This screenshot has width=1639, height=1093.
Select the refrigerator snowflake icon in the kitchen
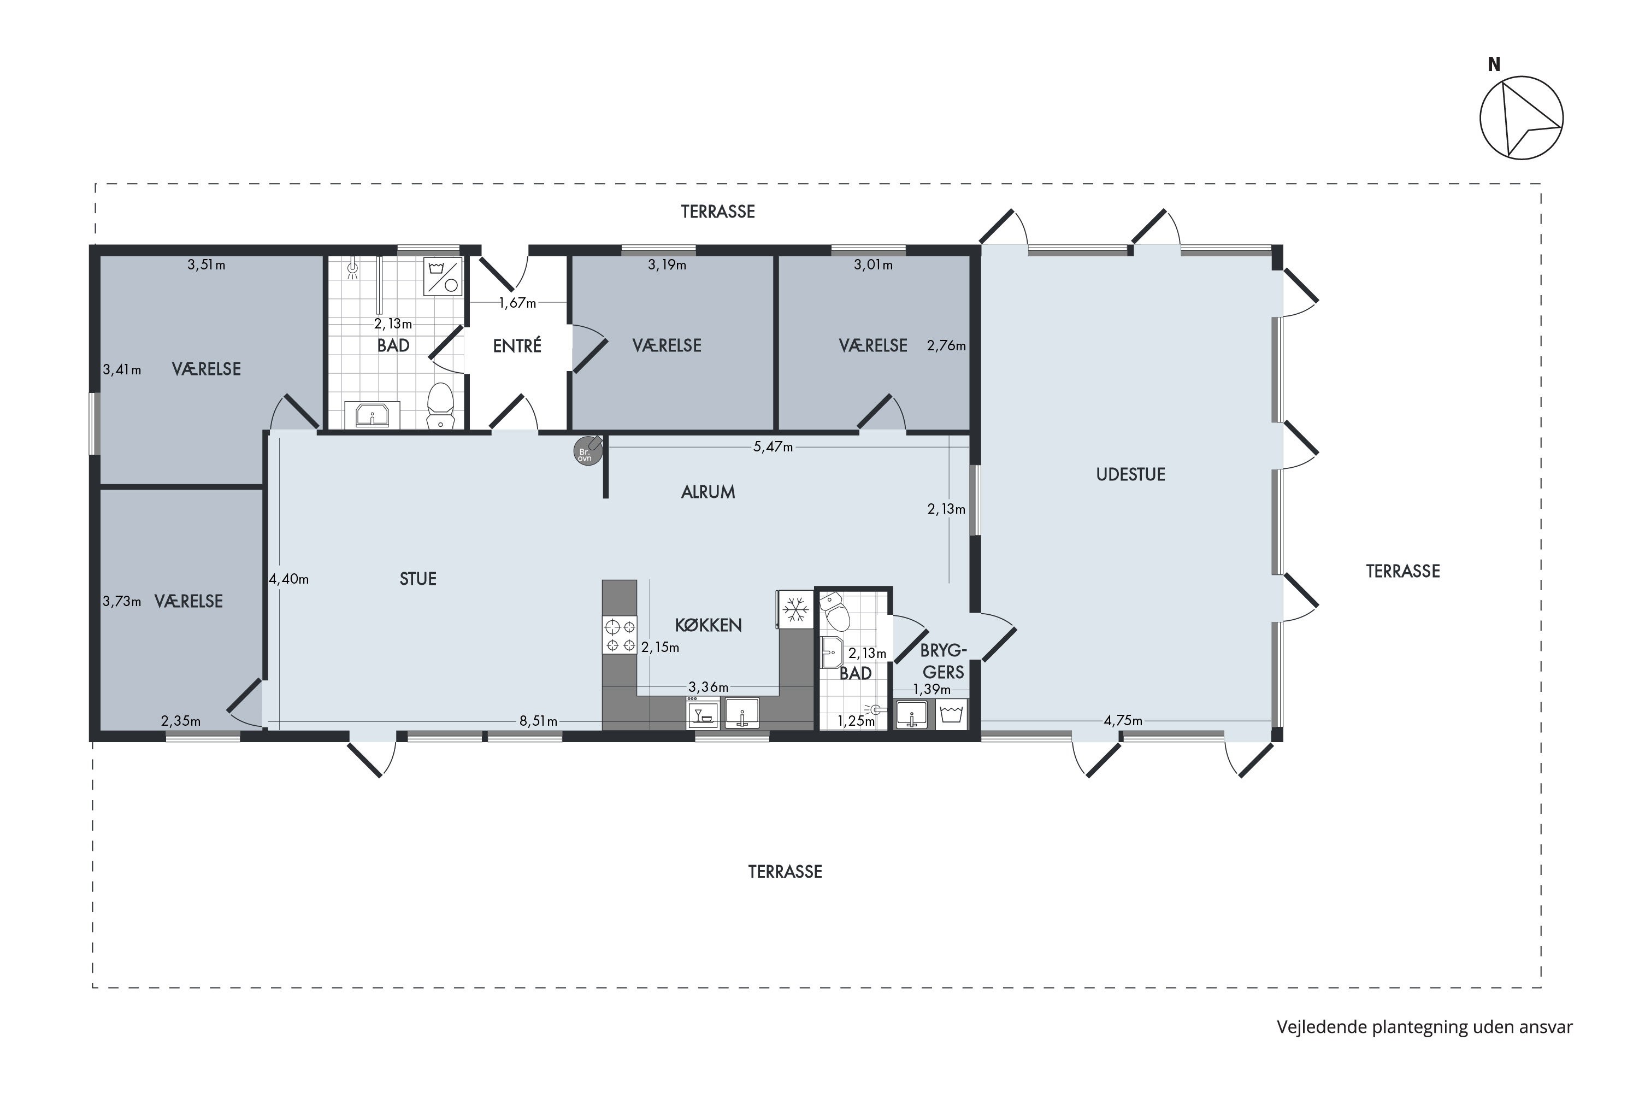(795, 610)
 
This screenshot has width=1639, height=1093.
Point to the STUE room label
(418, 579)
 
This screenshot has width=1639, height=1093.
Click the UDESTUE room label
(1130, 475)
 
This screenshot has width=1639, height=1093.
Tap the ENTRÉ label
(517, 346)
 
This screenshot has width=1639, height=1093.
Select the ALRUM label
(708, 492)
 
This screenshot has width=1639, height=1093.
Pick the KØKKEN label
(708, 625)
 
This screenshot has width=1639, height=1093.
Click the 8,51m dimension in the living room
(538, 721)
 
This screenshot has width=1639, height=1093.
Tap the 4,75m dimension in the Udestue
(1123, 721)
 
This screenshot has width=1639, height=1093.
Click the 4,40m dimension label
(288, 579)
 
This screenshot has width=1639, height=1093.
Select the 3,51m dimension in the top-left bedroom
(207, 265)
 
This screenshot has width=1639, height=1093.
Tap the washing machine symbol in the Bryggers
(951, 714)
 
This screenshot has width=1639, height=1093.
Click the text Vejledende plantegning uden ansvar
(1425, 1027)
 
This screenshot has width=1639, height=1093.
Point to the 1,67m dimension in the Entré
(517, 303)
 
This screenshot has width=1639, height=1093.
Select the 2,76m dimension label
(946, 346)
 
